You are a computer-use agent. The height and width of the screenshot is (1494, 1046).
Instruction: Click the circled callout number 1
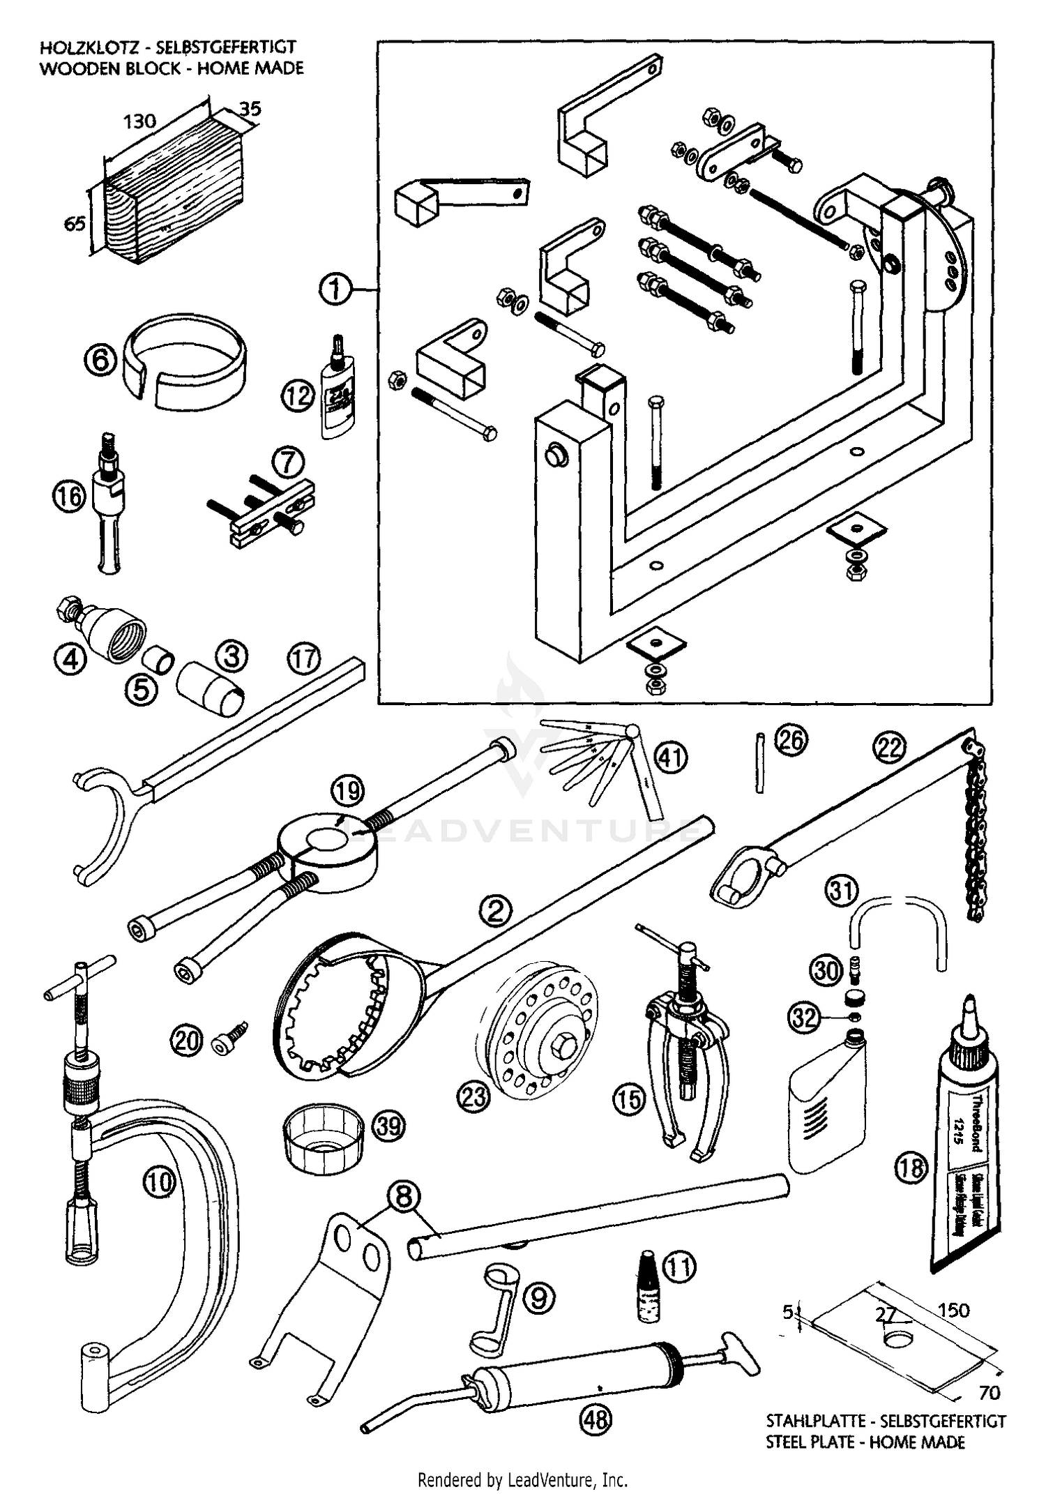[335, 288]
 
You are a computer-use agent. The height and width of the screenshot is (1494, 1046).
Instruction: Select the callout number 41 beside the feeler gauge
[671, 757]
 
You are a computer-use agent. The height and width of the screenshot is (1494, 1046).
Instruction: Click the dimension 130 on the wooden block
[139, 121]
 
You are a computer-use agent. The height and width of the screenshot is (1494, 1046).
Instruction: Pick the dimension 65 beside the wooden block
[75, 223]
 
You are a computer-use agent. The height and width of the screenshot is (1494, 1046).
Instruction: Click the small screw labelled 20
[230, 1041]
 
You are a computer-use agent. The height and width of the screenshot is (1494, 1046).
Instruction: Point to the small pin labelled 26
[760, 762]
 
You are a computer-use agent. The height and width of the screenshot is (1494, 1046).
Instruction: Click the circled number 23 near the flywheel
[473, 1097]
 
